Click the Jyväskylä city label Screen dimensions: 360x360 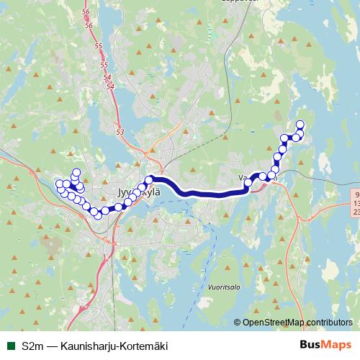click(x=132, y=194)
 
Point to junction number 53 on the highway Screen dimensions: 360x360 click(x=120, y=132)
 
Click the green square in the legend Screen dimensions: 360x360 click(x=10, y=345)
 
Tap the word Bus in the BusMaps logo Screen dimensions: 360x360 click(x=310, y=344)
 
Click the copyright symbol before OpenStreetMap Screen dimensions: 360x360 click(x=238, y=323)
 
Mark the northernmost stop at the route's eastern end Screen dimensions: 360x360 click(x=300, y=125)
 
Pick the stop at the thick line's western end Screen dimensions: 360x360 click(x=149, y=179)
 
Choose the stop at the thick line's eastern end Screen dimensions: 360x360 click(x=248, y=184)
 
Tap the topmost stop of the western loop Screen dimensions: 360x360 click(x=76, y=171)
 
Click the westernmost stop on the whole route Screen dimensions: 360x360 click(x=59, y=184)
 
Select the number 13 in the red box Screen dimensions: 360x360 click(x=357, y=204)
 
